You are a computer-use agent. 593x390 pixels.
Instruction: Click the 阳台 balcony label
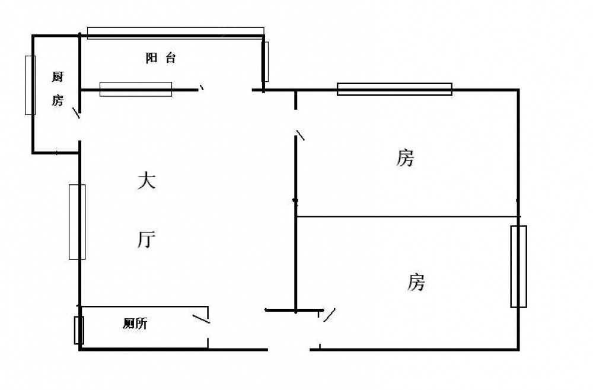160,58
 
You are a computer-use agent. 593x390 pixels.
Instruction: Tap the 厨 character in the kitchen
58,76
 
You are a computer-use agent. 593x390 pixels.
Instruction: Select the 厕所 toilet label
135,324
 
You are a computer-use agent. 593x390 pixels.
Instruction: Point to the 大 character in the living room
146,181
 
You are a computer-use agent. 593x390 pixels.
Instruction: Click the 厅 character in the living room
146,239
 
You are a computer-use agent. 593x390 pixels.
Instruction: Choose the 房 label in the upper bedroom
405,158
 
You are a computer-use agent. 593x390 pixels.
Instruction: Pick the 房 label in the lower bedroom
416,282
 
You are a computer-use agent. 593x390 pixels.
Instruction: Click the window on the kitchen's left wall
30,85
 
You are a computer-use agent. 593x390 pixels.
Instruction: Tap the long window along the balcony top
176,33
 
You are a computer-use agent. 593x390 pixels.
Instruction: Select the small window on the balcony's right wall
266,61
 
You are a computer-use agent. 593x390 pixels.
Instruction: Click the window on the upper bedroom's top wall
394,89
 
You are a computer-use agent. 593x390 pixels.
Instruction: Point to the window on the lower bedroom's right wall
518,266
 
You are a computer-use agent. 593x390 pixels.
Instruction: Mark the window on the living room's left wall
77,222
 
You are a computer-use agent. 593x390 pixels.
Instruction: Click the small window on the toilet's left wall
79,330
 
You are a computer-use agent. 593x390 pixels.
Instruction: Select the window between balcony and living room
136,89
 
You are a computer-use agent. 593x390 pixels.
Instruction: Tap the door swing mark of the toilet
201,319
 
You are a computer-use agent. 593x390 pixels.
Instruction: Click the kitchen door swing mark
76,113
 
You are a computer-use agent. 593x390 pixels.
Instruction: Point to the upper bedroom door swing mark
301,135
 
